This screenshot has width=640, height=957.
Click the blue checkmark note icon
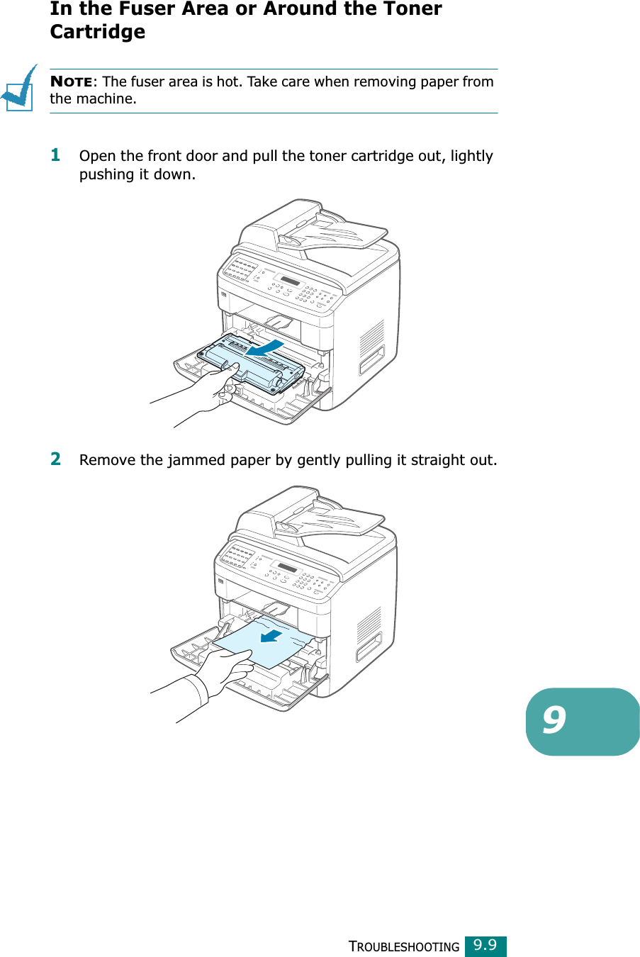tap(20, 89)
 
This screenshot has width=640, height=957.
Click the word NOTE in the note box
tap(72, 82)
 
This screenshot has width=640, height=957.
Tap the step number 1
tap(55, 155)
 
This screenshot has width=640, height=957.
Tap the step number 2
tap(55, 459)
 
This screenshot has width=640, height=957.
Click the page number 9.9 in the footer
tap(485, 945)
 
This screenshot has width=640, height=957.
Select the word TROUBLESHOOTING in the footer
tap(404, 946)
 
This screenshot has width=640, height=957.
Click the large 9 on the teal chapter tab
tap(555, 720)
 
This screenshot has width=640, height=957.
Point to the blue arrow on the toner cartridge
tap(266, 347)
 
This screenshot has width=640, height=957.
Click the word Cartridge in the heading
tap(98, 32)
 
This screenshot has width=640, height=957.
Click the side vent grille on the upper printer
tap(371, 339)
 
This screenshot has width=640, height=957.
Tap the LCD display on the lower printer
tap(287, 568)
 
